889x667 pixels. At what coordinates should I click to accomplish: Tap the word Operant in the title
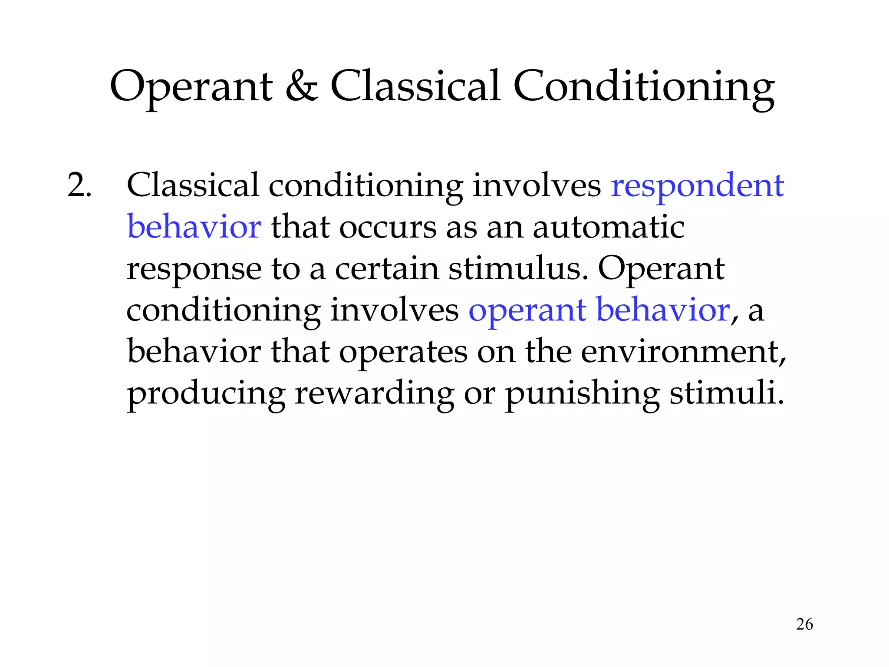click(x=191, y=87)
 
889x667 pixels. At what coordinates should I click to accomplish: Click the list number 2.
click(x=79, y=185)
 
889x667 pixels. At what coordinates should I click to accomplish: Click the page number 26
click(x=804, y=624)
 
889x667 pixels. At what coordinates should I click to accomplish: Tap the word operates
click(x=403, y=353)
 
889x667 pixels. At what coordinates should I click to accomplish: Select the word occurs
click(x=388, y=228)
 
